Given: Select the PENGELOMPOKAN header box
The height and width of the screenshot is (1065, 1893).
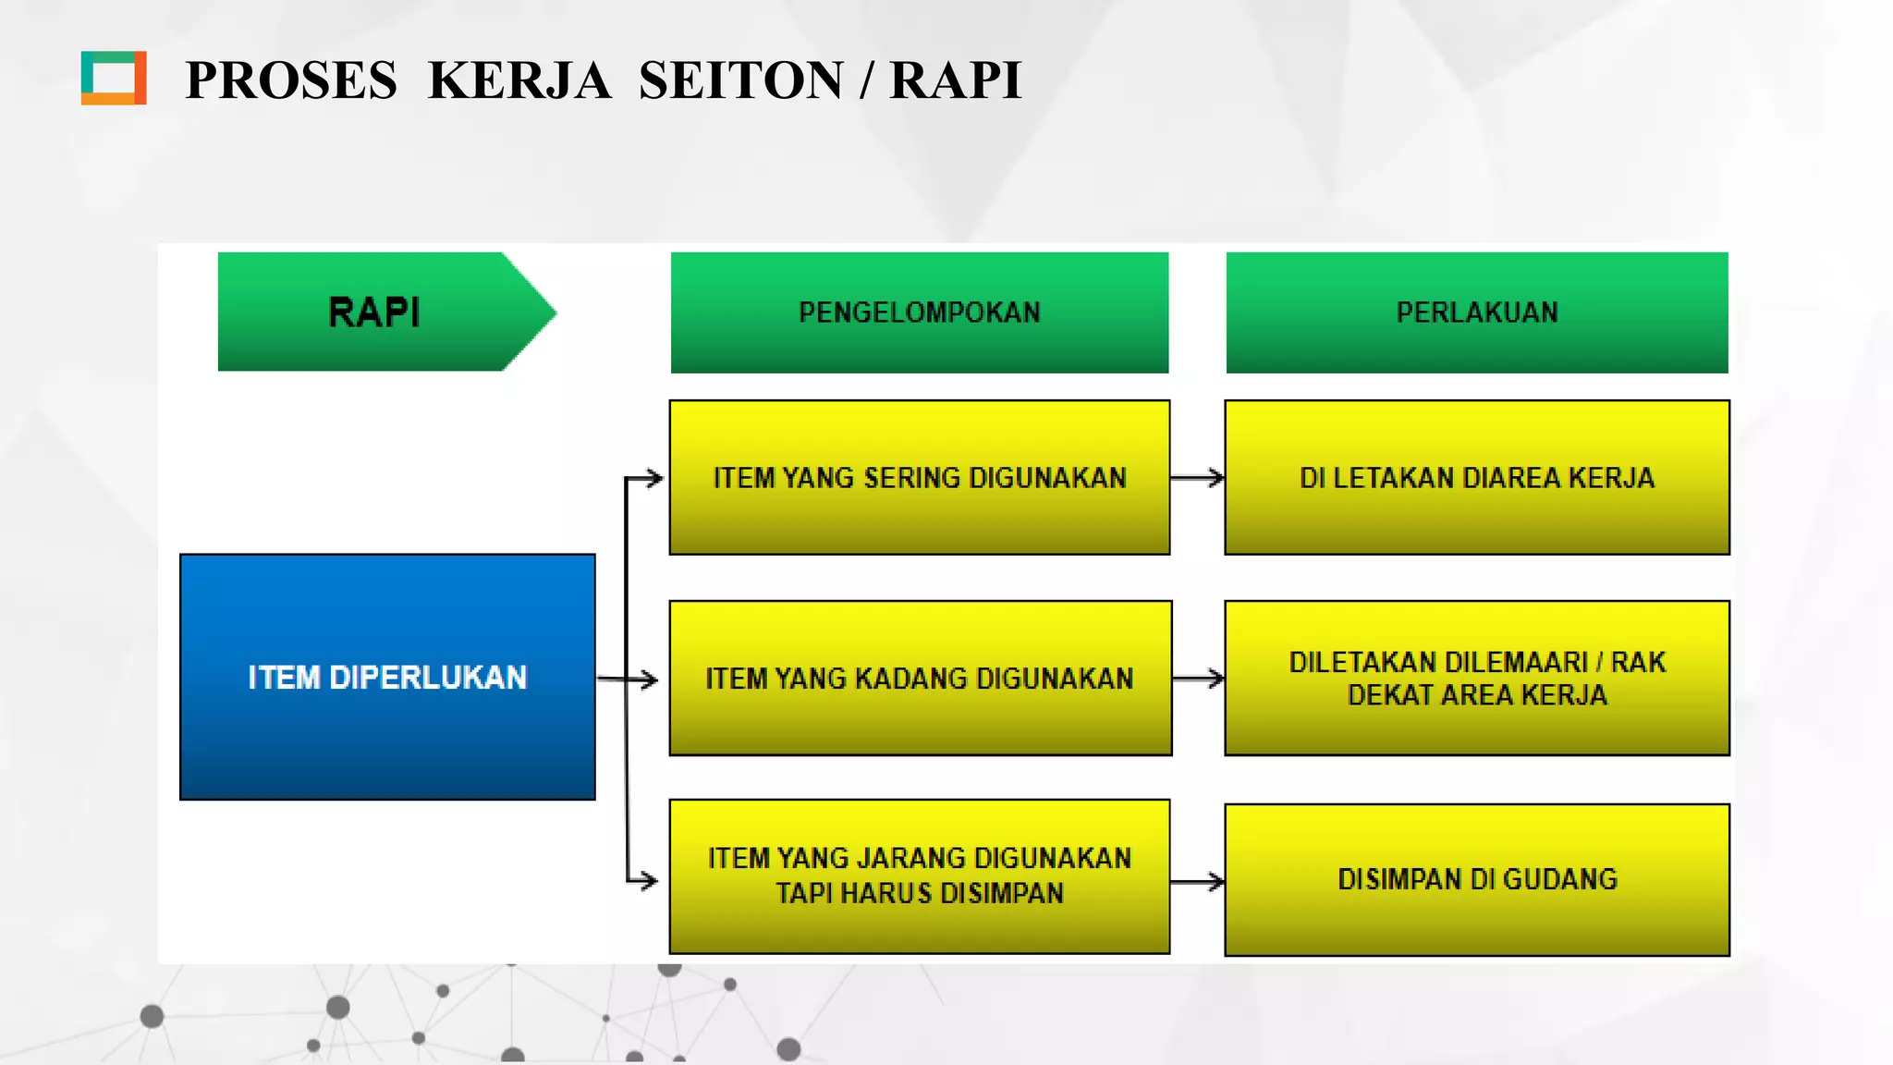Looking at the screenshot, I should pyautogui.click(x=919, y=312).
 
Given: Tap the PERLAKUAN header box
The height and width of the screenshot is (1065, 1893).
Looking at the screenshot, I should pyautogui.click(x=1476, y=312).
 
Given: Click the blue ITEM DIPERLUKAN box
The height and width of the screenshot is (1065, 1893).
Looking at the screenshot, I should pyautogui.click(x=387, y=677).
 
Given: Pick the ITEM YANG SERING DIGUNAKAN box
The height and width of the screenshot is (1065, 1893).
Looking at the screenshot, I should pyautogui.click(x=919, y=477).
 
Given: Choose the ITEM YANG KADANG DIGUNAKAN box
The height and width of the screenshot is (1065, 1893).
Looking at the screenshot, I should pyautogui.click(x=920, y=678).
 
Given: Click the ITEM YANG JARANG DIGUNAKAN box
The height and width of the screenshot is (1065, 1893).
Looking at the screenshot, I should pyautogui.click(x=919, y=875).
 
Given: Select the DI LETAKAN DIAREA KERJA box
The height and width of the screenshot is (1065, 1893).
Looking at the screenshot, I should pyautogui.click(x=1476, y=477).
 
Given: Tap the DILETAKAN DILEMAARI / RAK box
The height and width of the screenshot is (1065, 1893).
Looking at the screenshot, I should pyautogui.click(x=1476, y=678).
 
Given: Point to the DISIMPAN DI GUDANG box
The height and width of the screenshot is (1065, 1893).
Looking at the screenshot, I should pyautogui.click(x=1476, y=878).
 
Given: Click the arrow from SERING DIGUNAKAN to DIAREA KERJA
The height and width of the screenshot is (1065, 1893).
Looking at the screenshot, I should pyautogui.click(x=1198, y=478).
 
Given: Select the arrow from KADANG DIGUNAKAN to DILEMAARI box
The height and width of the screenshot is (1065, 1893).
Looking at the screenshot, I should pyautogui.click(x=1199, y=679).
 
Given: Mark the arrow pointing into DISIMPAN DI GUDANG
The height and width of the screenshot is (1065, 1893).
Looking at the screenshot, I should pyautogui.click(x=1198, y=882).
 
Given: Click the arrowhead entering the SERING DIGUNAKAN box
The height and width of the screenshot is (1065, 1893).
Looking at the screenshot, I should pyautogui.click(x=654, y=478).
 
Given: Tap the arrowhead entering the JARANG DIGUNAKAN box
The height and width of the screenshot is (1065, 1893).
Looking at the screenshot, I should pyautogui.click(x=650, y=880).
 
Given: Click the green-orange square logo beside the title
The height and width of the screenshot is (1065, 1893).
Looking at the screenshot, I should pyautogui.click(x=114, y=78).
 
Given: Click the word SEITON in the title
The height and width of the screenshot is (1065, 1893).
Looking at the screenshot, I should pyautogui.click(x=740, y=80).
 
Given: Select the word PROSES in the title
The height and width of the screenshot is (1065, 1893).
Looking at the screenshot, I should pyautogui.click(x=291, y=80).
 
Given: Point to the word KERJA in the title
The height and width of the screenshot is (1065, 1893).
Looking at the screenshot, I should pyautogui.click(x=519, y=80).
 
